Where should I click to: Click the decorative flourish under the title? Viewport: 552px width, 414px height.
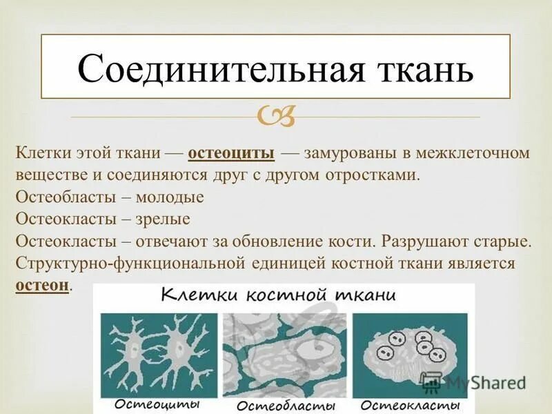pos(276,117)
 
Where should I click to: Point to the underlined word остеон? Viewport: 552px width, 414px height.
pos(42,285)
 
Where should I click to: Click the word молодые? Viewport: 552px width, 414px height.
pos(170,197)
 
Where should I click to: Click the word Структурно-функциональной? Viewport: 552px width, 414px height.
pos(131,264)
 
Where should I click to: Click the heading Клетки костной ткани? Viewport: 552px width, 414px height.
pos(278,296)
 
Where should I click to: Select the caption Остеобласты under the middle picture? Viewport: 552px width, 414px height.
pos(284,405)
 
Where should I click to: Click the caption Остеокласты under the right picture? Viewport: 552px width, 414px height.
pos(410,404)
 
